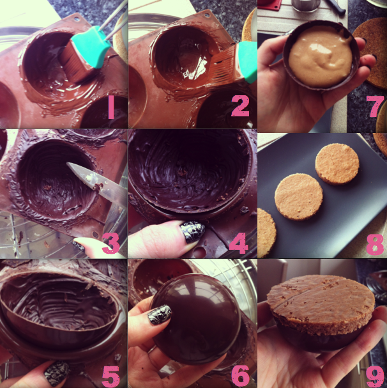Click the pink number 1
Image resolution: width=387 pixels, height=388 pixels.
pyautogui.click(x=111, y=107)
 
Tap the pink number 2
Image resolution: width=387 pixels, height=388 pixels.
pyautogui.click(x=240, y=106)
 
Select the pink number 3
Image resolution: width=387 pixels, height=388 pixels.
pyautogui.click(x=111, y=244)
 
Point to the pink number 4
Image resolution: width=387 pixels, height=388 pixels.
pyautogui.click(x=238, y=244)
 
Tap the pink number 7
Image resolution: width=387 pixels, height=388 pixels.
pyautogui.click(x=375, y=106)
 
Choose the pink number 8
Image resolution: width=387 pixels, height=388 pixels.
pyautogui.click(x=375, y=244)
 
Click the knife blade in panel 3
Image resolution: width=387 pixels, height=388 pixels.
pyautogui.click(x=96, y=182)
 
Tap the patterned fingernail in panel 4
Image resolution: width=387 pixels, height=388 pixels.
pyautogui.click(x=192, y=232)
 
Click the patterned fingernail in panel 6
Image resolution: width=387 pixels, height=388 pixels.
pyautogui.click(x=160, y=314)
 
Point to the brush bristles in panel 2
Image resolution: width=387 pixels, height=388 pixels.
pyautogui.click(x=222, y=64)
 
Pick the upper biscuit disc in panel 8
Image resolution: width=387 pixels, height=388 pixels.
pyautogui.click(x=337, y=164)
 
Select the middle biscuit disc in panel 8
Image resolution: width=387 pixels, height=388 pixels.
pyautogui.click(x=299, y=197)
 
